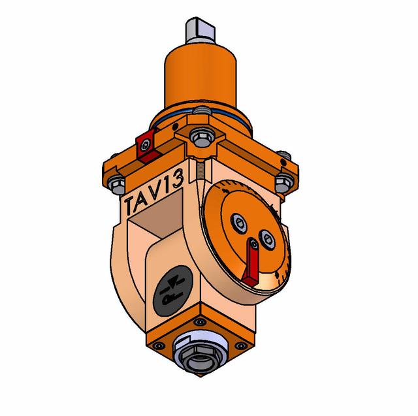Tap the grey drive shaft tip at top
[x=201, y=30]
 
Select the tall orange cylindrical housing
[x=201, y=77]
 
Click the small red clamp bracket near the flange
[x=147, y=146]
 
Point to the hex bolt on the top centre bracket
[x=202, y=137]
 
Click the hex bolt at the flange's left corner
[x=116, y=185]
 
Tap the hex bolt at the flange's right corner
[x=284, y=182]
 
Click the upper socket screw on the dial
[x=238, y=223]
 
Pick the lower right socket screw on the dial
[x=267, y=239]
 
